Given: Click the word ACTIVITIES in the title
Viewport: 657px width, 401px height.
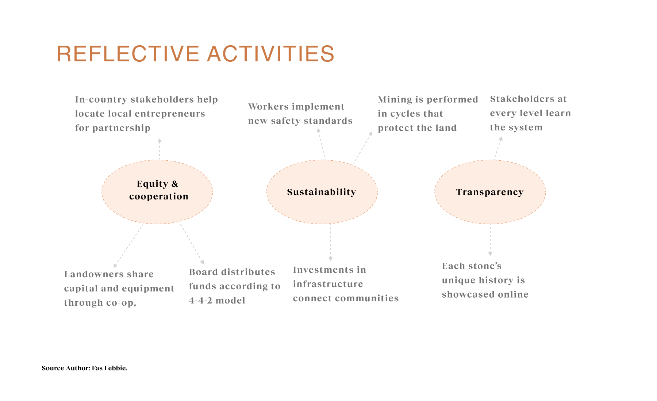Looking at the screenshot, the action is [270, 54].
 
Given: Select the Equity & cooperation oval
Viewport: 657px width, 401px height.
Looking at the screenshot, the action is [157, 192].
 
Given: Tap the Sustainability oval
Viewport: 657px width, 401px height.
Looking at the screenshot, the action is [322, 192].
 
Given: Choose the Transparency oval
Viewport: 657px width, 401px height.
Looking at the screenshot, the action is [490, 192].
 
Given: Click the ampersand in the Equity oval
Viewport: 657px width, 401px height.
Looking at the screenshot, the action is [175, 184].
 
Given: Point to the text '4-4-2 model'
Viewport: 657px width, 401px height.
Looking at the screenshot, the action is [217, 301].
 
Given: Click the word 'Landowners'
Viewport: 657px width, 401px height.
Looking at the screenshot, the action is [94, 274].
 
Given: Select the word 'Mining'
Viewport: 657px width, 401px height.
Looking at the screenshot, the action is [395, 100].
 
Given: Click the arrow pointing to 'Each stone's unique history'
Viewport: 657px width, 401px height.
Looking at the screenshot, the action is [490, 240].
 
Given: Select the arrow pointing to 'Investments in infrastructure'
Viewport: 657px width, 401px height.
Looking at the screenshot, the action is [331, 242].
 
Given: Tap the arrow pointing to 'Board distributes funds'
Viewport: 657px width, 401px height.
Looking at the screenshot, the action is [192, 244].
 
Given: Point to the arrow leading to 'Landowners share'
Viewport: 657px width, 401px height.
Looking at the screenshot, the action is [128, 246].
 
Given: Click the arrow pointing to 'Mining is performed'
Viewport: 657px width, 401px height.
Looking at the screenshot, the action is [363, 148].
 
